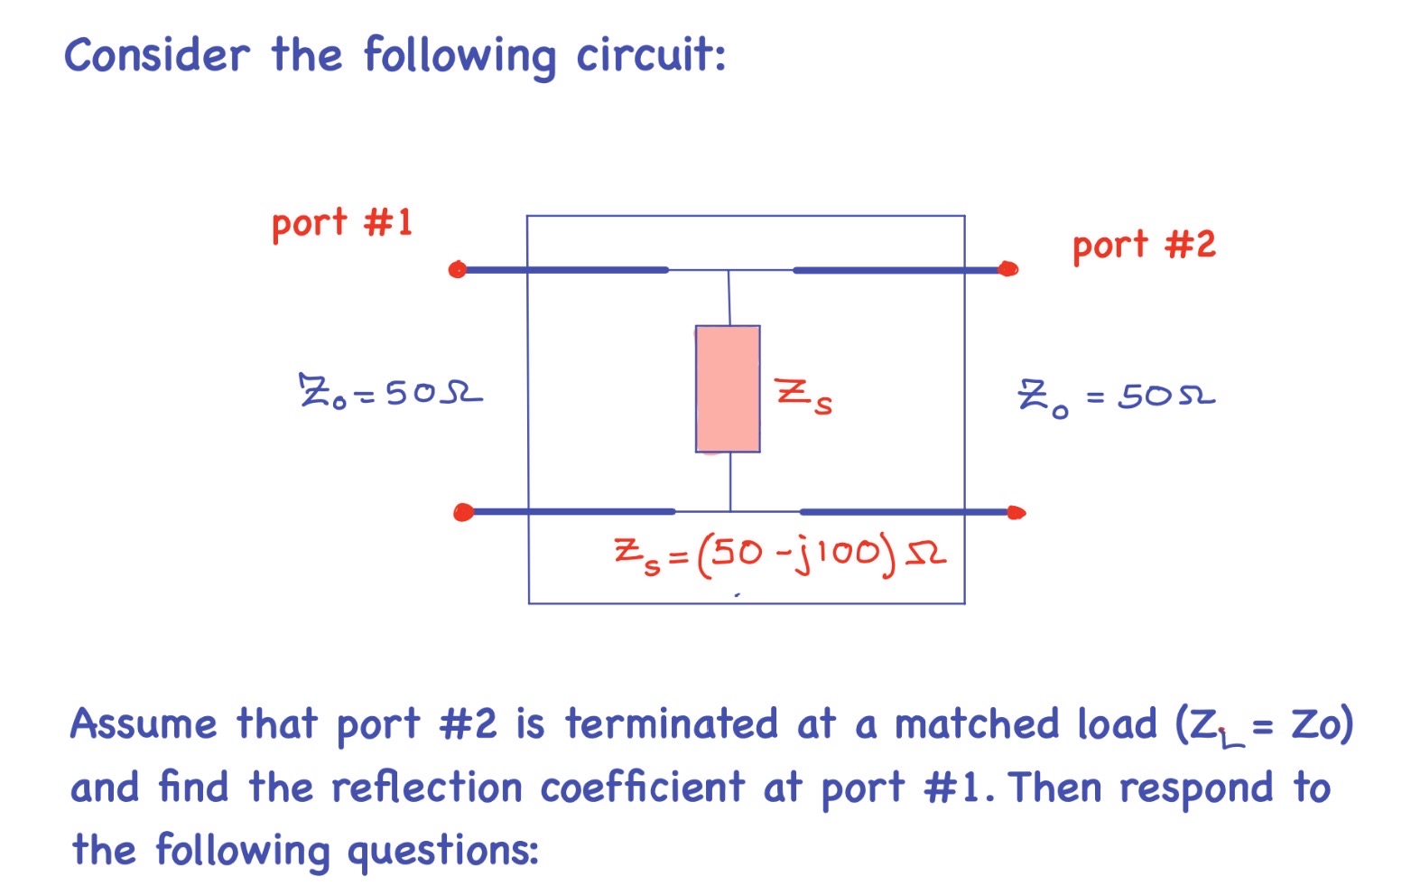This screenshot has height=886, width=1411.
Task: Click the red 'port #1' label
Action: coord(341,222)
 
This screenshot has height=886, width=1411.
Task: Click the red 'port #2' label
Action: coord(1143,245)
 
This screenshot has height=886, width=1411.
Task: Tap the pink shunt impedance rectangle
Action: coord(728,388)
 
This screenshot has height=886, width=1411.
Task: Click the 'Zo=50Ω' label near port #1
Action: coord(390,394)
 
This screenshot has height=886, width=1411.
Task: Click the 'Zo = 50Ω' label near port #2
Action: coord(1117,396)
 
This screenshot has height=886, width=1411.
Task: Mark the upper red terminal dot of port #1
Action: coord(458,269)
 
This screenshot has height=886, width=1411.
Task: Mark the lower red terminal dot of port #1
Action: coord(463,513)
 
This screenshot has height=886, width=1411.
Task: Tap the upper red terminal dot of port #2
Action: coord(1008,268)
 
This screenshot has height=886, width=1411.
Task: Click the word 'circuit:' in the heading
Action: coord(651,55)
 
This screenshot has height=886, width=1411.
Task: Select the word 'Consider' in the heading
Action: coord(156,55)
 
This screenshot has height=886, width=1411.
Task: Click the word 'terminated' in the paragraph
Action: coord(671,724)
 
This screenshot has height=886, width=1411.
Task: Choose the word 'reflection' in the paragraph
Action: coord(426,788)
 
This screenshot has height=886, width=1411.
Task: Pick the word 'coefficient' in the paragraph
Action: coord(643,788)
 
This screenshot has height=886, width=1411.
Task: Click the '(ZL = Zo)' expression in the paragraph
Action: coord(1264,725)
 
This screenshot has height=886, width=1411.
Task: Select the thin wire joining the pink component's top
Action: coord(729,298)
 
